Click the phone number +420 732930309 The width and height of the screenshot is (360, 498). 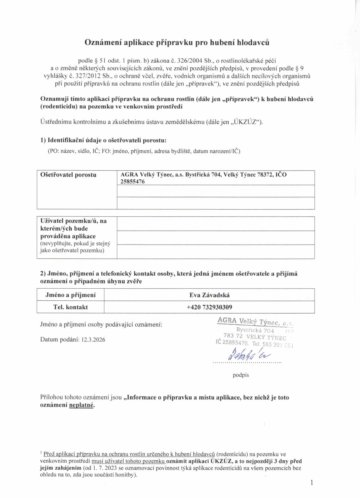click(210, 307)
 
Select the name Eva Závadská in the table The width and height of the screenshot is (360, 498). click(210, 295)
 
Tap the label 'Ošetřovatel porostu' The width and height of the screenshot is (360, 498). click(68, 175)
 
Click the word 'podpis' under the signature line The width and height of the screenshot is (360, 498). click(241, 375)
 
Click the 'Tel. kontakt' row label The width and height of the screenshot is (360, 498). click(70, 307)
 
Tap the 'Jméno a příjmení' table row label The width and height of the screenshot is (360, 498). click(70, 295)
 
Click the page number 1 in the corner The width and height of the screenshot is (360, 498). click(311, 482)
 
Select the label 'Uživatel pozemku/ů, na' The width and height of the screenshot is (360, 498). click(73, 221)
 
